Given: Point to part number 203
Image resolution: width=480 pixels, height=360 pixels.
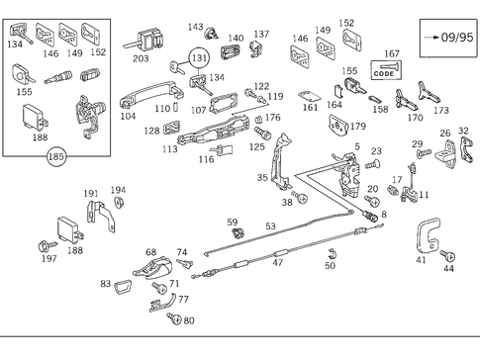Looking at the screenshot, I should tap(141, 59).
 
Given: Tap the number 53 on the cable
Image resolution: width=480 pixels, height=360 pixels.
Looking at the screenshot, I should tap(269, 226).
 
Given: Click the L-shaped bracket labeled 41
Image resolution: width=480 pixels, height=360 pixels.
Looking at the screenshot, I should tap(428, 237).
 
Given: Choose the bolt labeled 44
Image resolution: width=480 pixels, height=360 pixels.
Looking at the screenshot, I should tap(445, 255).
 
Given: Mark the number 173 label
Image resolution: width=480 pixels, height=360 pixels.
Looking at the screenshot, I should tap(440, 111).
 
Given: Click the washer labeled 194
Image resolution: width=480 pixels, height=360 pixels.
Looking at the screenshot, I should tap(118, 203).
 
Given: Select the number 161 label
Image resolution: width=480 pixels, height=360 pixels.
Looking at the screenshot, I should tap(311, 108).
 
